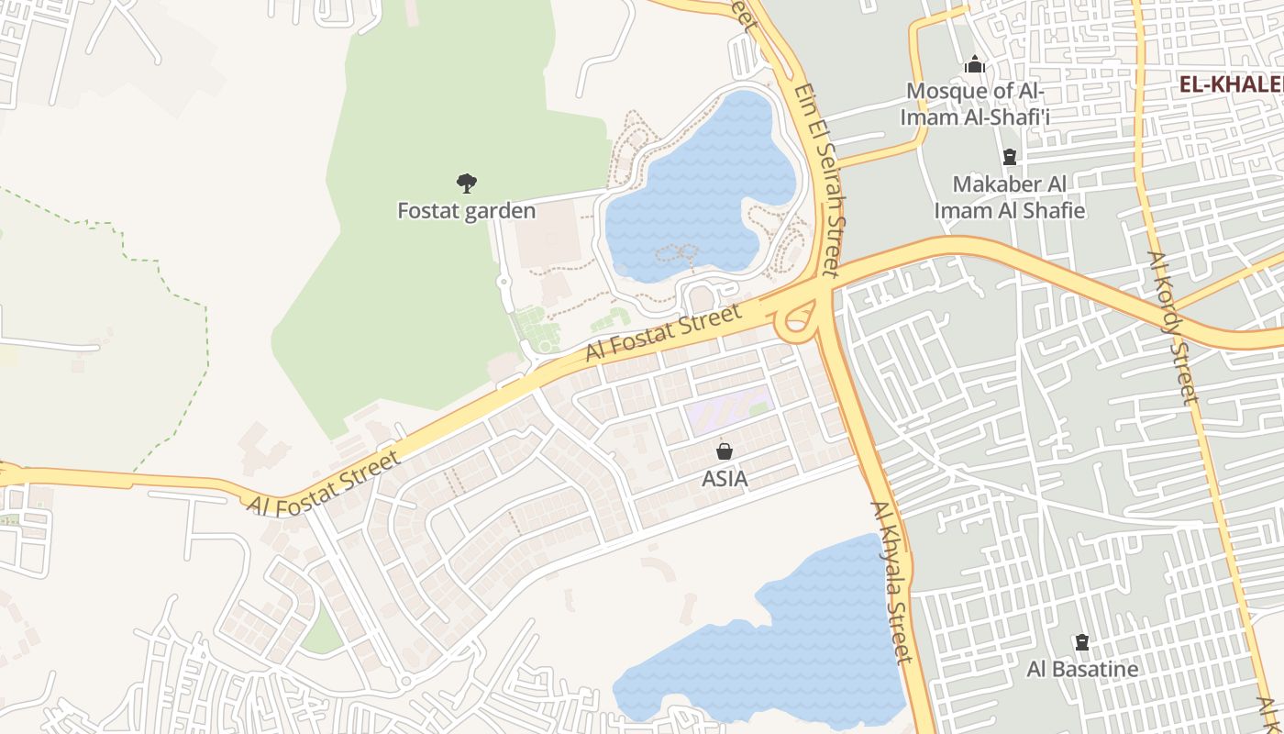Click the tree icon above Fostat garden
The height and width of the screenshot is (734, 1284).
pyautogui.click(x=467, y=183)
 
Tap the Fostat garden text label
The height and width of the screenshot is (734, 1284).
pyautogui.click(x=466, y=211)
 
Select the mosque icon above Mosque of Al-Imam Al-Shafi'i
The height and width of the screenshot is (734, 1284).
pyautogui.click(x=974, y=65)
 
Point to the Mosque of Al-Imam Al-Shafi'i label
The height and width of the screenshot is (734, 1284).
pyautogui.click(x=975, y=104)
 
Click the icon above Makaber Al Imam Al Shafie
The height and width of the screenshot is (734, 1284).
pyautogui.click(x=1010, y=157)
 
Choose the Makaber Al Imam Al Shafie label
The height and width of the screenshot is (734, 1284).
pyautogui.click(x=1009, y=197)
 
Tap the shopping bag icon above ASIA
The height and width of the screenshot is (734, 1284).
pyautogui.click(x=725, y=451)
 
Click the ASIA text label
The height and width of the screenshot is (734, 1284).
pyautogui.click(x=725, y=479)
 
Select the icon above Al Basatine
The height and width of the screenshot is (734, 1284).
pyautogui.click(x=1082, y=642)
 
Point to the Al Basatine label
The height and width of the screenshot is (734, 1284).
pyautogui.click(x=1082, y=669)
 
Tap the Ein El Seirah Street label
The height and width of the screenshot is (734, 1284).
pyautogui.click(x=817, y=180)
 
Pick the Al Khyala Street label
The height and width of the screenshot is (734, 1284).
pyautogui.click(x=891, y=582)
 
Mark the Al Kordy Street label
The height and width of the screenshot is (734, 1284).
pyautogui.click(x=1173, y=328)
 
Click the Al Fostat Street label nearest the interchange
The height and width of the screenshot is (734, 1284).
pyautogui.click(x=663, y=333)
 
